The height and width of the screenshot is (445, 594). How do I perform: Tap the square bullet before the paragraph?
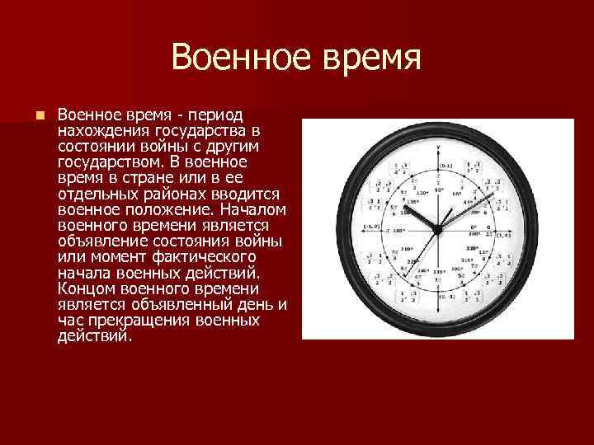pos(39,115)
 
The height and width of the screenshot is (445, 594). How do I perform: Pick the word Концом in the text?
pos(83,289)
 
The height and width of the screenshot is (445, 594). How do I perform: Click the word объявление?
pos(100,242)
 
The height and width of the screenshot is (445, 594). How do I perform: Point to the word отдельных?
pos(94,194)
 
